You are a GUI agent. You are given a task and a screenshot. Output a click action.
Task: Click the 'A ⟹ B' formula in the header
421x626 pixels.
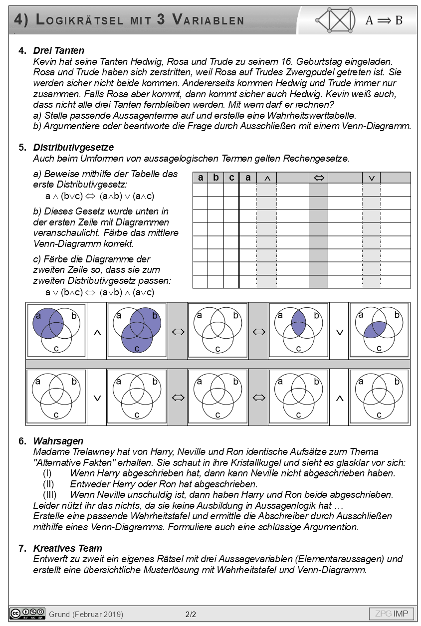(x=384, y=20)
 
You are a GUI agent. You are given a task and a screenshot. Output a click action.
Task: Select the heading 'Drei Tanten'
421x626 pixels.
(x=58, y=50)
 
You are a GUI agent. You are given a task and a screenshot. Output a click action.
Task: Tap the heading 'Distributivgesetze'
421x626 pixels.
(x=73, y=147)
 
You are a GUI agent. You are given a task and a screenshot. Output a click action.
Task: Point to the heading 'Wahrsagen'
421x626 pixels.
(x=58, y=441)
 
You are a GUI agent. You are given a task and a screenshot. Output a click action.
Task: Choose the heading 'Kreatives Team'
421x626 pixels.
(x=67, y=548)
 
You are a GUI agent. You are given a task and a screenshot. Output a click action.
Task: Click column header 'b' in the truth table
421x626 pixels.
(x=215, y=178)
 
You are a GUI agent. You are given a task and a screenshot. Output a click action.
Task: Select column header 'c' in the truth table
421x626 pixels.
(x=231, y=178)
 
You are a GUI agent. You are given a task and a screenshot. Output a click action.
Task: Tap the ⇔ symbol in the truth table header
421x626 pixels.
(x=319, y=178)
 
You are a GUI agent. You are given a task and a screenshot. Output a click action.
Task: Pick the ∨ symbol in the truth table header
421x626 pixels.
(x=371, y=178)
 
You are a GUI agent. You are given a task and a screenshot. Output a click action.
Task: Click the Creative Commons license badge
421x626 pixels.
(x=27, y=614)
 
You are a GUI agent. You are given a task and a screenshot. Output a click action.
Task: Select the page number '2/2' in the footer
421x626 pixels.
(x=191, y=614)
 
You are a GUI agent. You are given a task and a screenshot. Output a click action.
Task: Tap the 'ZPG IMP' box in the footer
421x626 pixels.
(x=391, y=614)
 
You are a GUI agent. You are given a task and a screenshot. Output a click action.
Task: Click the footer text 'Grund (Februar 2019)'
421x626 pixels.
(x=86, y=614)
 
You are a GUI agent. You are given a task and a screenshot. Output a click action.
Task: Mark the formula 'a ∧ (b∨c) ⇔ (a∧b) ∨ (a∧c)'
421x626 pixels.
(x=99, y=197)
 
